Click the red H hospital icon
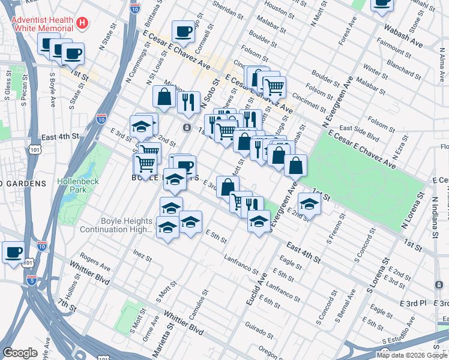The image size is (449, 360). pyautogui.click(x=83, y=24)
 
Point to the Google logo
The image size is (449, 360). pyautogui.click(x=20, y=353)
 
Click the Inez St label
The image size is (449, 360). pyautogui.click(x=142, y=256)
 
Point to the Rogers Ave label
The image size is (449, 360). pyautogui.click(x=95, y=264)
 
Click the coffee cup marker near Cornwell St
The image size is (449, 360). pyautogui.click(x=184, y=31)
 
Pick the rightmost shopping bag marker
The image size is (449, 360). pyautogui.click(x=296, y=164)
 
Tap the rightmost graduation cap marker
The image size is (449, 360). pyautogui.click(x=309, y=204)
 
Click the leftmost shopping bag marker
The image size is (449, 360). pyautogui.click(x=164, y=96)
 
